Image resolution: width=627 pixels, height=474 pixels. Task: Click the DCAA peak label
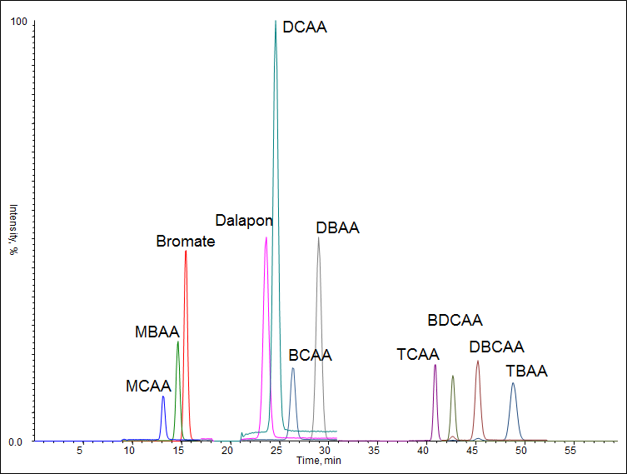pyautogui.click(x=305, y=27)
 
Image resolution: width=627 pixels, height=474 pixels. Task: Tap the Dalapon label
pyautogui.click(x=244, y=221)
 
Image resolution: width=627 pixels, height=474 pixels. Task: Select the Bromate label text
pyautogui.click(x=186, y=242)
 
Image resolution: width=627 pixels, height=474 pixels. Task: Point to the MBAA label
pyautogui.click(x=157, y=332)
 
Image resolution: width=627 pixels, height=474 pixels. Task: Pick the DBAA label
pyautogui.click(x=337, y=227)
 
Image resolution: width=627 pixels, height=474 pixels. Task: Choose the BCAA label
pyautogui.click(x=310, y=356)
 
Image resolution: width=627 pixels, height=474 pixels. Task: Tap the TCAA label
pyautogui.click(x=418, y=356)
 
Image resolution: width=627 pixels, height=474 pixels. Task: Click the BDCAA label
pyautogui.click(x=455, y=320)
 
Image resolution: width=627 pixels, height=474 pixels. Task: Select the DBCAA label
pyautogui.click(x=496, y=347)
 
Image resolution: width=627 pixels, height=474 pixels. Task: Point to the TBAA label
pyautogui.click(x=527, y=372)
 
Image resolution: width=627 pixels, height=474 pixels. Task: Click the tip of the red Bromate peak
pyautogui.click(x=186, y=252)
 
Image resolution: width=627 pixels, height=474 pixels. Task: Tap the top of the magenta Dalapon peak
pyautogui.click(x=266, y=238)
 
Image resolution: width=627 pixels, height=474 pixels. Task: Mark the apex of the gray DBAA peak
pyautogui.click(x=318, y=238)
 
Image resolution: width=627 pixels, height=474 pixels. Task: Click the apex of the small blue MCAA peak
pyautogui.click(x=163, y=397)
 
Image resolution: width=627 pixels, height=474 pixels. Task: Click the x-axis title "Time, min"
pyautogui.click(x=319, y=460)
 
